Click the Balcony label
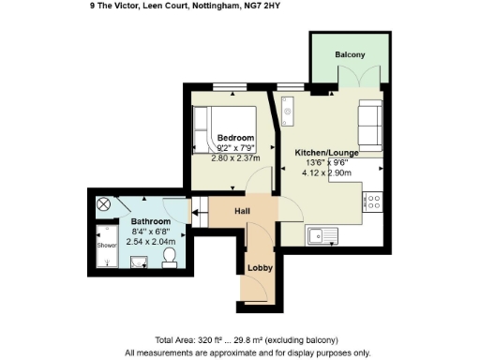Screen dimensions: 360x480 (x=351, y=55)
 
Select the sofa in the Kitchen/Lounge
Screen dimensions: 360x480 (x=369, y=123)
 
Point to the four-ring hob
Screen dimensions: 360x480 (x=374, y=202)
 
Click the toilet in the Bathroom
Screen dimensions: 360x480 (x=170, y=257)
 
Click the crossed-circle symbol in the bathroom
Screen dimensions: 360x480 (x=104, y=203)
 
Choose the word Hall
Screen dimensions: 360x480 (x=242, y=211)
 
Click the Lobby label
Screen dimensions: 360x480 (x=259, y=268)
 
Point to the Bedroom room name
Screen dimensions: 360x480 (x=235, y=137)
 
